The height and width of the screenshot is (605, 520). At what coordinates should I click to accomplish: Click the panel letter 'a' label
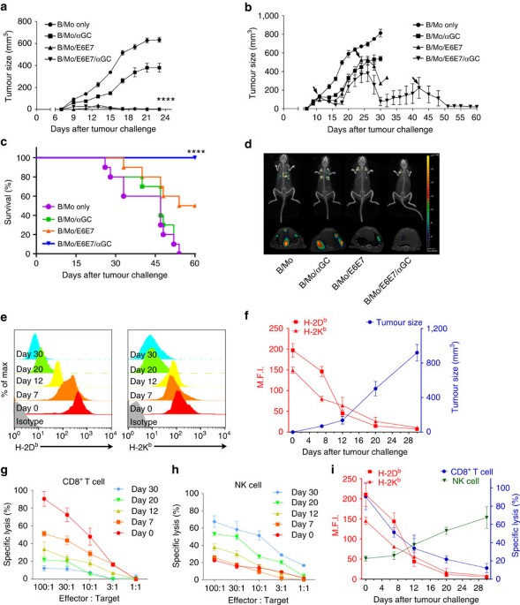click(x=6, y=7)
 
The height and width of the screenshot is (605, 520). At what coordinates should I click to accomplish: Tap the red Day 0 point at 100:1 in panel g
click(x=43, y=499)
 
